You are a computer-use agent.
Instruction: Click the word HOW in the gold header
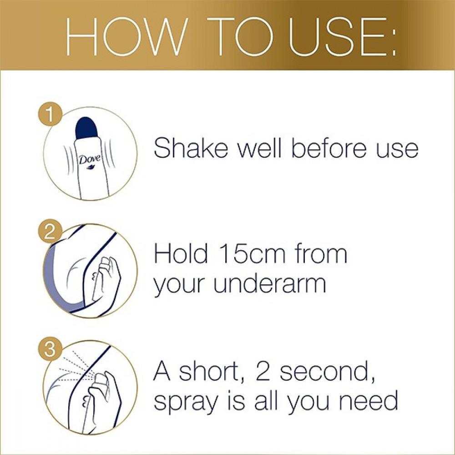(x=125, y=36)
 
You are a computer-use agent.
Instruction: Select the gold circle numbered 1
(x=50, y=115)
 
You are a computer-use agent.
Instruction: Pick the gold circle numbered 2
(x=50, y=233)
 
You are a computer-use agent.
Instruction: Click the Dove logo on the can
(x=90, y=160)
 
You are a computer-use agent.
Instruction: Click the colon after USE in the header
(x=393, y=40)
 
